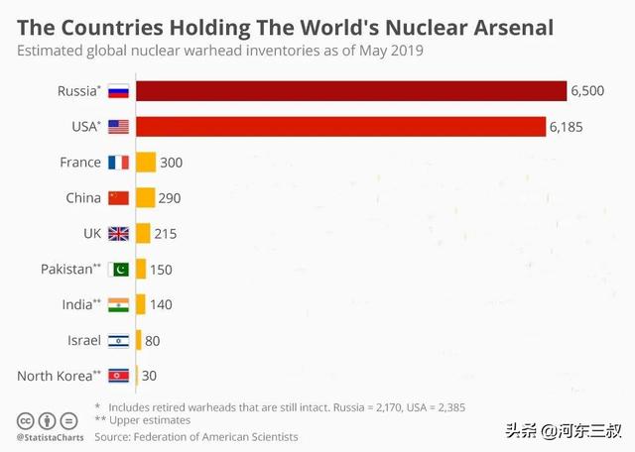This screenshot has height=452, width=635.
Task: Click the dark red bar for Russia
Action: pyautogui.click(x=350, y=91)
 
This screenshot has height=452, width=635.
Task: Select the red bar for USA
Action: pyautogui.click(x=340, y=127)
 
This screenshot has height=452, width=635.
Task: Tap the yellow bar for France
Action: pyautogui.click(x=146, y=163)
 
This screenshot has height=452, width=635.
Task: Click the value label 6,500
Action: pyautogui.click(x=588, y=91)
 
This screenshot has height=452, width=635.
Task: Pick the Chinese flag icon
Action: pyautogui.click(x=119, y=197)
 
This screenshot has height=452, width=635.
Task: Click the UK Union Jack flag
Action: pyautogui.click(x=119, y=233)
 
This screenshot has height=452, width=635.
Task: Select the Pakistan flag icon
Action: pyautogui.click(x=119, y=269)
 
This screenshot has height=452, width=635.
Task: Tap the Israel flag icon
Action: pyautogui.click(x=119, y=340)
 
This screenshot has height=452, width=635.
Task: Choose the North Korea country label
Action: pyautogui.click(x=56, y=376)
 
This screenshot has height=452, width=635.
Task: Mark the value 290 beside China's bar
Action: pyautogui.click(x=169, y=197)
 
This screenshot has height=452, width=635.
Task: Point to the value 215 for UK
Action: pyautogui.click(x=164, y=233)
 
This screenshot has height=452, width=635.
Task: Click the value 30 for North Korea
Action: pyautogui.click(x=149, y=376)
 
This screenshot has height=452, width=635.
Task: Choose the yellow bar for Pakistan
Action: pyautogui.click(x=141, y=269)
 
